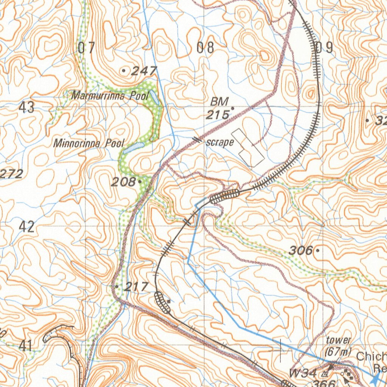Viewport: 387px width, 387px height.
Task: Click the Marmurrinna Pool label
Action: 110,96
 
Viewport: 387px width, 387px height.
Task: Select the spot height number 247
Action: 144,71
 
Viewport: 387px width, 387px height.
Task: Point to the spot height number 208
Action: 123,182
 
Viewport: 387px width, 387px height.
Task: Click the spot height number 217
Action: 136,287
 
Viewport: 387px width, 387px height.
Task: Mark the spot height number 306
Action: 301,250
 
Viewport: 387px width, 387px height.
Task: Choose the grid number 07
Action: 87,48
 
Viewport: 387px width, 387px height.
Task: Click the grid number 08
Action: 206,48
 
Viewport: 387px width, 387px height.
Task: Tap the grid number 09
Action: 324,48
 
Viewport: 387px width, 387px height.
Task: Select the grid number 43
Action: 26,108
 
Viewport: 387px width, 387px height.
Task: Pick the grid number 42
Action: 26,227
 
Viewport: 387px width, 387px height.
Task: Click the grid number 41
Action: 25,346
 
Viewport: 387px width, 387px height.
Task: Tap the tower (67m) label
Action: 338,345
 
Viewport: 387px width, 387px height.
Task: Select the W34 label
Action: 303,373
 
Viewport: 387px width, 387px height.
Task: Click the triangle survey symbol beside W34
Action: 324,374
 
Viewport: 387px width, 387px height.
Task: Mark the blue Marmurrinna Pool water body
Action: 155,98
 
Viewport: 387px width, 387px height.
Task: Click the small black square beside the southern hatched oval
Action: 169,301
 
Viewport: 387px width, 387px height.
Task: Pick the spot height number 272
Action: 11,174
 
